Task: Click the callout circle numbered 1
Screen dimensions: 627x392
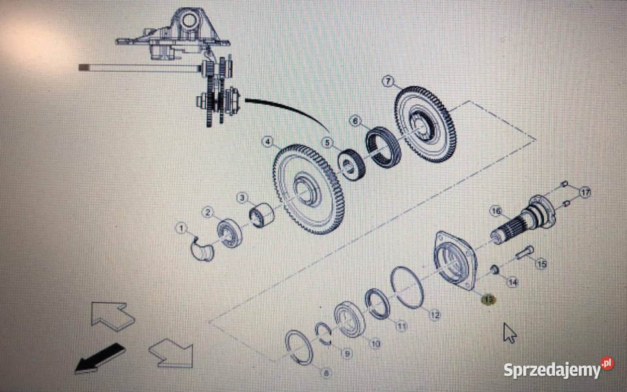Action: coord(182,229)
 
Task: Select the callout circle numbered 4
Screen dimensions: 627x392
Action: coord(268,142)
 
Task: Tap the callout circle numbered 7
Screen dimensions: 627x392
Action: coord(388,81)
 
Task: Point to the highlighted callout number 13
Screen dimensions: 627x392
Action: coord(489,299)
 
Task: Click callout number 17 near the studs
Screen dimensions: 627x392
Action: coord(585,193)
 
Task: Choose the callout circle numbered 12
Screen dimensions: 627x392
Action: coord(435,315)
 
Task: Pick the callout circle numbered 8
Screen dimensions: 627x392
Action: coord(326,374)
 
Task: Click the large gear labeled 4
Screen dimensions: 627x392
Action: coord(308,189)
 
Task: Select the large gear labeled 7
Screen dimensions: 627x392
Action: coord(425,124)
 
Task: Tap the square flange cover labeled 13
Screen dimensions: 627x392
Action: coord(456,260)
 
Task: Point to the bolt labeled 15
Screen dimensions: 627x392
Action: coord(524,252)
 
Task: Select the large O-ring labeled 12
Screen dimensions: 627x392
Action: coord(407,287)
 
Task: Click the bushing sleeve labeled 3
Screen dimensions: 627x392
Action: coord(261,215)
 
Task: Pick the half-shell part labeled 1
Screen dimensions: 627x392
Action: coord(202,250)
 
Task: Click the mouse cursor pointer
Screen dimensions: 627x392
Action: coord(509,333)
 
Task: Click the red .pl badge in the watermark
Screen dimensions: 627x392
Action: coord(607,363)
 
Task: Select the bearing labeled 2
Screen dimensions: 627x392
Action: coord(229,233)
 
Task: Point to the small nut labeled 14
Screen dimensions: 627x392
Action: coord(494,270)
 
